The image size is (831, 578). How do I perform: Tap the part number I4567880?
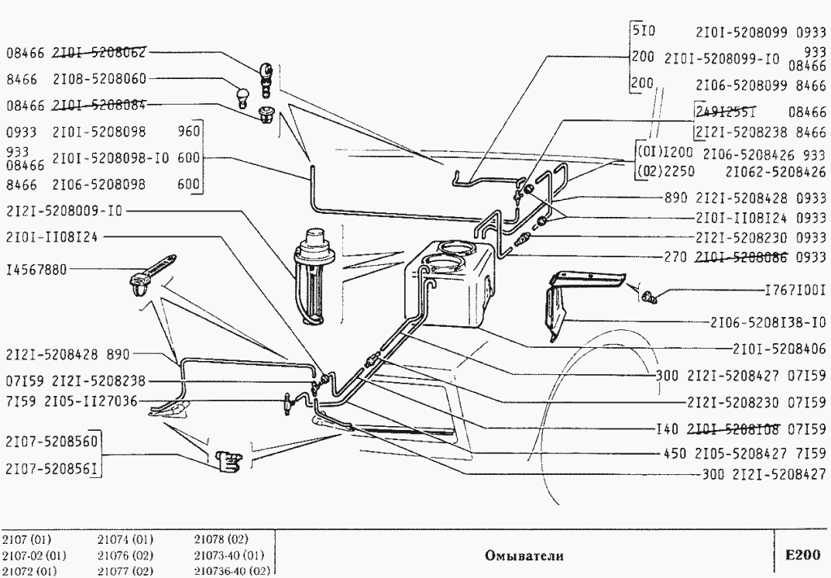tap(36, 270)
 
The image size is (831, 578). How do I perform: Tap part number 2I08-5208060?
tap(99, 79)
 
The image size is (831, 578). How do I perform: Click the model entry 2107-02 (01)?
tap(33, 555)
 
